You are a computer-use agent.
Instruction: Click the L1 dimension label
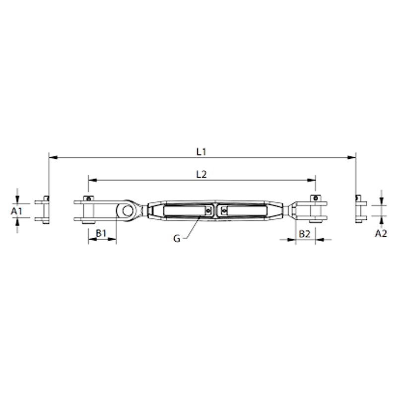pos(201,152)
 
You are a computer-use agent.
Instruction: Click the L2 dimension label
pos(201,175)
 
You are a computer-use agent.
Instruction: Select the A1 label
pos(17,211)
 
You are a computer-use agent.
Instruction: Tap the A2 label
pos(381,233)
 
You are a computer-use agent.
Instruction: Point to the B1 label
pos(101,233)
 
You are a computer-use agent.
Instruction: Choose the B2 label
pos(305,234)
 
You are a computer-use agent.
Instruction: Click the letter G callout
pos(177,239)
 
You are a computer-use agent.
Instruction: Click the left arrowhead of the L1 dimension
pos(53,157)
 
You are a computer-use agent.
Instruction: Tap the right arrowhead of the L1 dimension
pos(352,157)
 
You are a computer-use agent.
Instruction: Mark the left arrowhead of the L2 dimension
pos(92,180)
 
